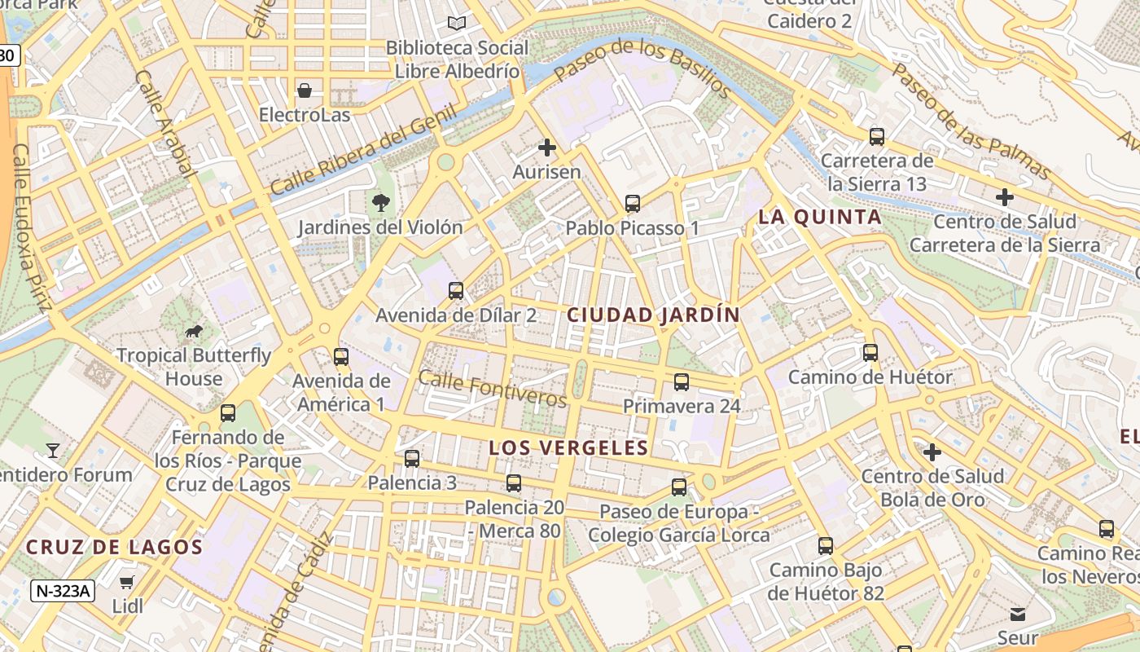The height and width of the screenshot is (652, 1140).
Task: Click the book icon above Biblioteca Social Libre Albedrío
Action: [458, 23]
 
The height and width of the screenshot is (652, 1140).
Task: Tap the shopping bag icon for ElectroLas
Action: [305, 90]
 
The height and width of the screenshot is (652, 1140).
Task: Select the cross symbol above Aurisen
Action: [547, 148]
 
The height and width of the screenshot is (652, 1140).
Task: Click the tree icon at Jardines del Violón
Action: [379, 202]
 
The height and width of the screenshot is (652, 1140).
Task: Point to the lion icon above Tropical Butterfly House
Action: [194, 331]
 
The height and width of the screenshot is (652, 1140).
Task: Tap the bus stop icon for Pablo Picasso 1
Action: [633, 204]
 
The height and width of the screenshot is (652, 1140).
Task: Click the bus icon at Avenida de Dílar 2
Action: [456, 290]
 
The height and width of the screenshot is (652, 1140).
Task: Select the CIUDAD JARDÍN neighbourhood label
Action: [653, 315]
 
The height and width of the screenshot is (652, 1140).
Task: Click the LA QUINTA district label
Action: [820, 217]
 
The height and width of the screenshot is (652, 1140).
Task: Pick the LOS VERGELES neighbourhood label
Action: [568, 447]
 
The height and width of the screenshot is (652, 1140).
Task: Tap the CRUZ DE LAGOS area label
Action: [114, 547]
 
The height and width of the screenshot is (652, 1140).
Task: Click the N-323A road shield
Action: [62, 590]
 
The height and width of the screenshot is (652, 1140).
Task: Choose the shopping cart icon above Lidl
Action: [127, 582]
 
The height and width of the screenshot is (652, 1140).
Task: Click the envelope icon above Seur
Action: [1018, 614]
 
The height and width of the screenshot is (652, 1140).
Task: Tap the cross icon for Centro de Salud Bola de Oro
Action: [932, 452]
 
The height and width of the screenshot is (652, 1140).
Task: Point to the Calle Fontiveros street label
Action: [492, 389]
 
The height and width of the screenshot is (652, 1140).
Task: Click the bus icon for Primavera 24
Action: [682, 381]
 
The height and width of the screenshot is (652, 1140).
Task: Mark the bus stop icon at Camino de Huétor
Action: [870, 353]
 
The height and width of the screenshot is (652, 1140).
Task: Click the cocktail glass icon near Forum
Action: [53, 450]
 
